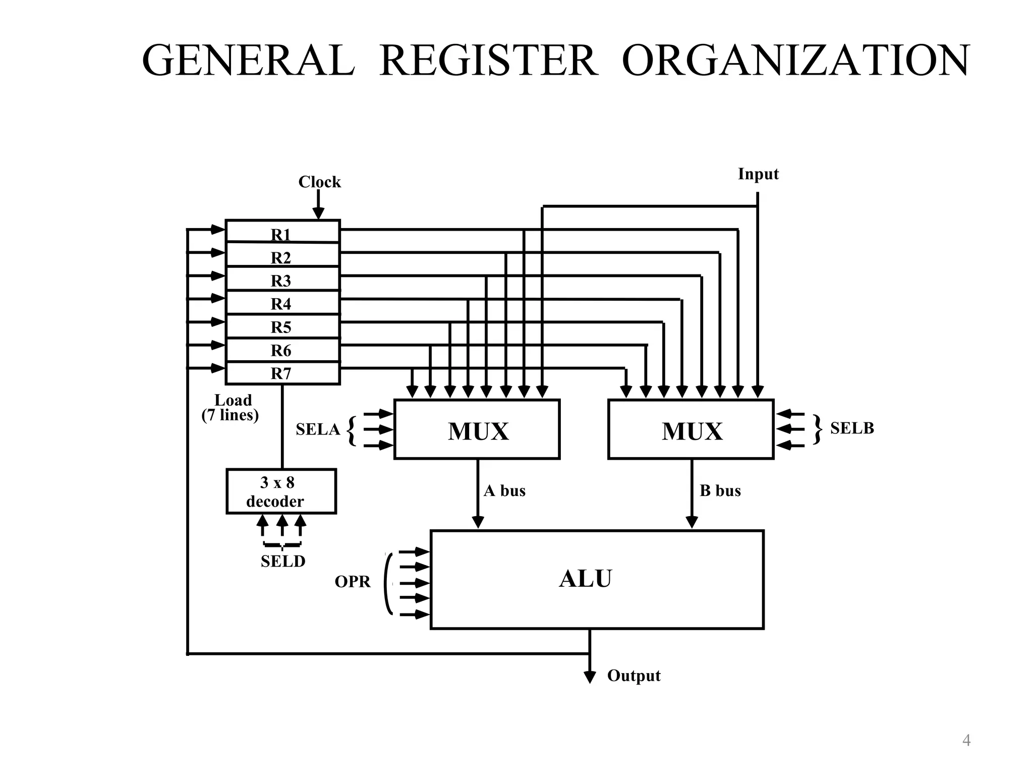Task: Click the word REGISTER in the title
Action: coord(488,61)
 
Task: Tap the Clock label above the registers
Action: coord(319,182)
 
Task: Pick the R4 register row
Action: coord(282,303)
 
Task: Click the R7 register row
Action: coord(282,373)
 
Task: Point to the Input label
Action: coord(758,174)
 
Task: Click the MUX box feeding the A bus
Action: coord(477,429)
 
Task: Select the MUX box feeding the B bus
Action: coord(691,429)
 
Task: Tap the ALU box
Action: coord(597,579)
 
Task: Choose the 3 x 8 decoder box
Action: coord(281,491)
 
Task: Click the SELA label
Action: coord(318,429)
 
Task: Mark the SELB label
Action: coord(852,428)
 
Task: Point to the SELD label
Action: coord(283,561)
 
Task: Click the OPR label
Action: coord(353,582)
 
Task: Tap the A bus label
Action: coord(504,491)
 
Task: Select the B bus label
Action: coord(720,491)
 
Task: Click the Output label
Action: coord(634,676)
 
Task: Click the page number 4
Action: coord(966,741)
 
